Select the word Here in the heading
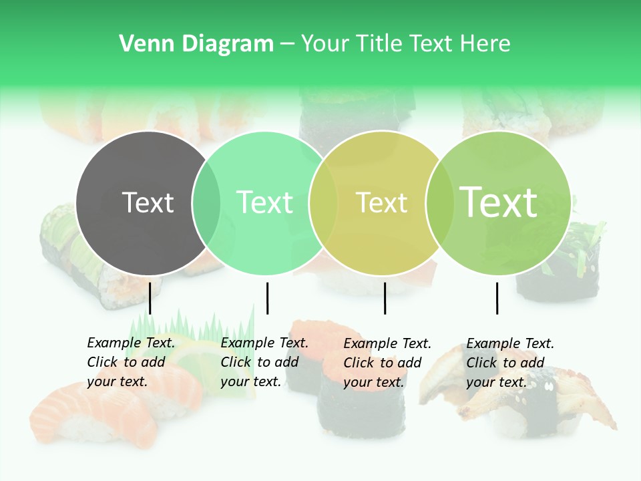(486, 44)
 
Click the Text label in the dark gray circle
(148, 202)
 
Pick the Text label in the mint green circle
(264, 202)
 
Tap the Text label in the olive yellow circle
(381, 202)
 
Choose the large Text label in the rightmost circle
(499, 202)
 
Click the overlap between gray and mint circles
(206, 203)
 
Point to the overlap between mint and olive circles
(323, 203)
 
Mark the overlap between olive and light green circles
(439, 203)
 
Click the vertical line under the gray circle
(150, 297)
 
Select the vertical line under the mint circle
(267, 297)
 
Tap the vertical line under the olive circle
(385, 297)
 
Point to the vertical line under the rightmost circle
(497, 297)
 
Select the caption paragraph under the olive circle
(387, 363)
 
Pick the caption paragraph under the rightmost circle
(509, 363)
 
